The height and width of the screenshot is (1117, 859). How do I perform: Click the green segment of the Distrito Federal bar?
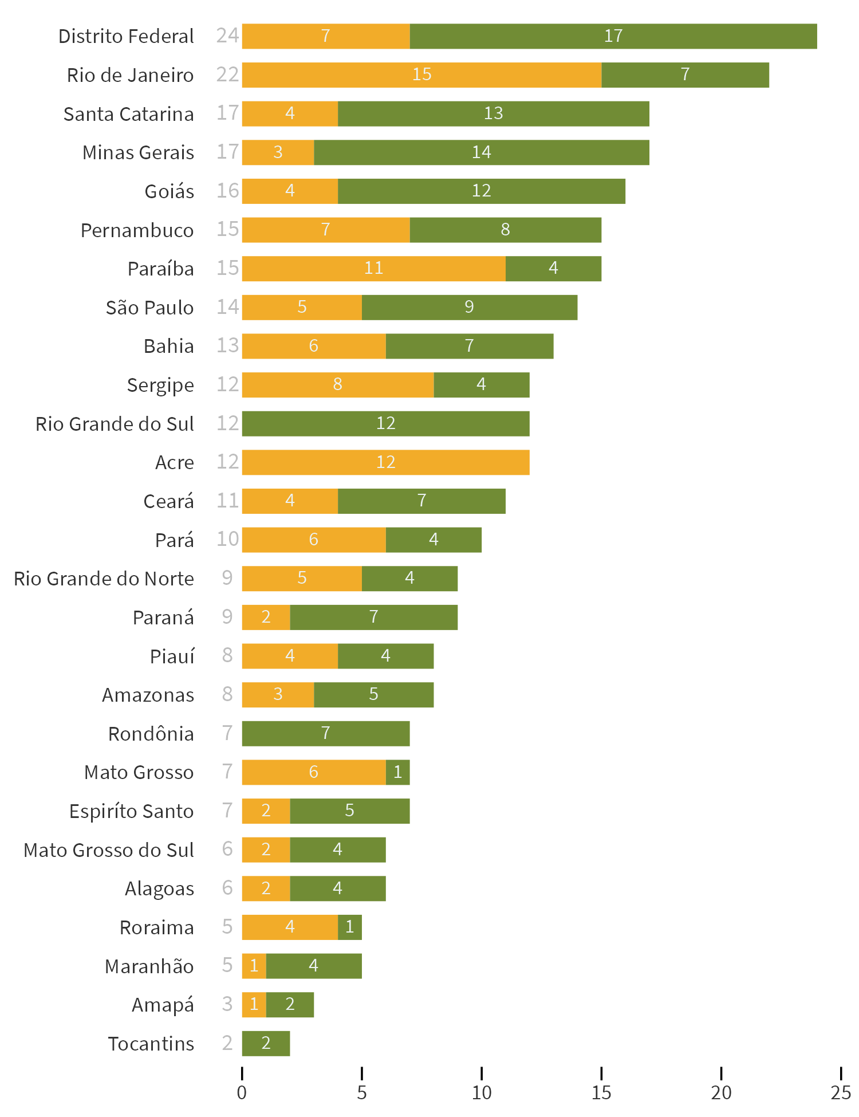pos(613,36)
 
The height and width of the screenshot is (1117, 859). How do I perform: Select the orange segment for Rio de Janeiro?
pos(421,75)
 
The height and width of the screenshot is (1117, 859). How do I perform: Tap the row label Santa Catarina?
pos(128,114)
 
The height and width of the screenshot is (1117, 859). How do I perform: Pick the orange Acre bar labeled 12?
pos(385,462)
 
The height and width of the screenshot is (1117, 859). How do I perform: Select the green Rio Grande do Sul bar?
pos(385,423)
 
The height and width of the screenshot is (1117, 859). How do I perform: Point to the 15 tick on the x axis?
pos(601,1092)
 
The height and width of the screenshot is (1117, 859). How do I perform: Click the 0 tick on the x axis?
pos(242,1092)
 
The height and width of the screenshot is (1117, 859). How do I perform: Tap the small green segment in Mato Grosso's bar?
pos(398,772)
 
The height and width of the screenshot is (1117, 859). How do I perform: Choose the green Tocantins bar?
pos(266,1043)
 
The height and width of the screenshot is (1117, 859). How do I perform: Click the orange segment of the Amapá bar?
pos(254,1004)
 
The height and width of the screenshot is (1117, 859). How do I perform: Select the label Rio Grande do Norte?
pos(104,579)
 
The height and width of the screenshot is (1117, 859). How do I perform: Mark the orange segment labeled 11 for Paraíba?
pos(373,269)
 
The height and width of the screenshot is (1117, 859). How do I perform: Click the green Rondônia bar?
pos(325,733)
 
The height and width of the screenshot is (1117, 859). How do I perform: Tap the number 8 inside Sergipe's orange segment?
pos(337,384)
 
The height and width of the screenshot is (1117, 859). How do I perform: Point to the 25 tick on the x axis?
pos(840,1092)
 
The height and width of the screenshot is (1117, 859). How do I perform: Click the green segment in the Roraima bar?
pos(350,927)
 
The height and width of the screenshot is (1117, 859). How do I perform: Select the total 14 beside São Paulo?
pos(227,307)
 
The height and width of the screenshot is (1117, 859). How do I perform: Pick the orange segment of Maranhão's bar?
pos(254,966)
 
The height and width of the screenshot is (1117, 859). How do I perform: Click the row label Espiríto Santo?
pos(131,811)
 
